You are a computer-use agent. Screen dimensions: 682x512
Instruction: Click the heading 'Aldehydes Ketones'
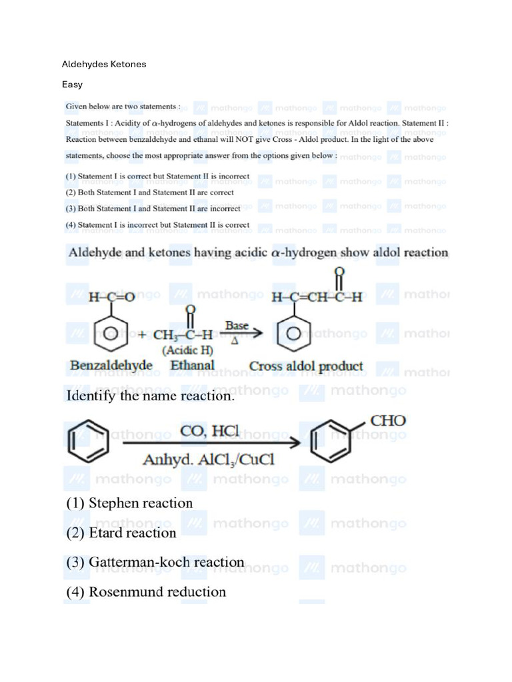pos(104,65)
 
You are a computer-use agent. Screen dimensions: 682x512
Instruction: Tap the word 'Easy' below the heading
pos(72,85)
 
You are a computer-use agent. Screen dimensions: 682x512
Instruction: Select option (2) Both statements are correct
pos(149,192)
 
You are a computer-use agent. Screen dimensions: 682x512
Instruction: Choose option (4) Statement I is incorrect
pos(157,225)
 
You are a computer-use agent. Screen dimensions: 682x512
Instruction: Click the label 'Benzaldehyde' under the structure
pos(111,366)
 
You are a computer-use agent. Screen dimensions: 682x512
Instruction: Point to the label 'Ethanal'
pos(193,366)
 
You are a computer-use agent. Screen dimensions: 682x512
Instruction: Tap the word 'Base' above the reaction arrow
pos(237,326)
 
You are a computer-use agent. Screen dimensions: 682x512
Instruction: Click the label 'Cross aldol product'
pos(306,366)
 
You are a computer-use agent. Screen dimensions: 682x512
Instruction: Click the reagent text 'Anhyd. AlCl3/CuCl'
pos(209,460)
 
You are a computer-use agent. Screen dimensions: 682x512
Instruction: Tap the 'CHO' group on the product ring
pos(387,422)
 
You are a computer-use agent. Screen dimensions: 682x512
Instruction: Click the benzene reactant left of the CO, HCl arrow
pos(87,441)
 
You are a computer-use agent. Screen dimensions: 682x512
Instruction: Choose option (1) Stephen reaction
pos(129,504)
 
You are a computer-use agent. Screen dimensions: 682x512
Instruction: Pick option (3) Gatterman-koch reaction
pos(155,562)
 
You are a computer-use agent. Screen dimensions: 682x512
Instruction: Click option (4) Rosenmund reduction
pos(146,591)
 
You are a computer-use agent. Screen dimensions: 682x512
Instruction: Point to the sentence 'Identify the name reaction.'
pos(150,396)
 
